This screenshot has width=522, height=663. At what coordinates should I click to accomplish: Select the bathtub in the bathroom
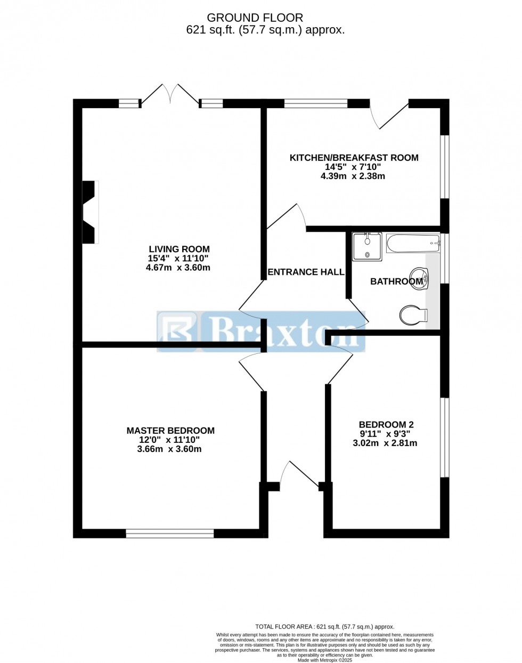pyautogui.click(x=413, y=245)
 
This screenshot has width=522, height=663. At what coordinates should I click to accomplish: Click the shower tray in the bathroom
pyautogui.click(x=367, y=246)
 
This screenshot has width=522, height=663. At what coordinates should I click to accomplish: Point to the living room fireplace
pyautogui.click(x=89, y=212)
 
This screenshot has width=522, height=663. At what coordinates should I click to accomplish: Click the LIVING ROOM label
pyautogui.click(x=179, y=249)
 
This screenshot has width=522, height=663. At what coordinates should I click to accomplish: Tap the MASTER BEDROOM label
pyautogui.click(x=170, y=431)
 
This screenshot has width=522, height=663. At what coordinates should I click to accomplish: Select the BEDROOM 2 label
pyautogui.click(x=386, y=425)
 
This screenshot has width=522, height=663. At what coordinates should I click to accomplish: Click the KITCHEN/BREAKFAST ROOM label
pyautogui.click(x=354, y=158)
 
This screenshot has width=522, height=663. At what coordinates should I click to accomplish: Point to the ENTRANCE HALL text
pyautogui.click(x=306, y=272)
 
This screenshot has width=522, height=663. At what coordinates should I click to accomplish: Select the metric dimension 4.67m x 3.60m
pyautogui.click(x=178, y=268)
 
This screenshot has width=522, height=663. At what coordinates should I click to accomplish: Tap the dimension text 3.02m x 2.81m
pyautogui.click(x=385, y=443)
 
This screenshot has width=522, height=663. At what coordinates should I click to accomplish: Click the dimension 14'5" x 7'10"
pyautogui.click(x=353, y=167)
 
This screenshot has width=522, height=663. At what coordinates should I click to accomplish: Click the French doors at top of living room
pyautogui.click(x=170, y=95)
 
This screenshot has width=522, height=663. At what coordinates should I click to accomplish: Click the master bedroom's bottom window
pyautogui.click(x=170, y=533)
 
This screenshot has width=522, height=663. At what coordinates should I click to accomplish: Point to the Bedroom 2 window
pyautogui.click(x=444, y=437)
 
